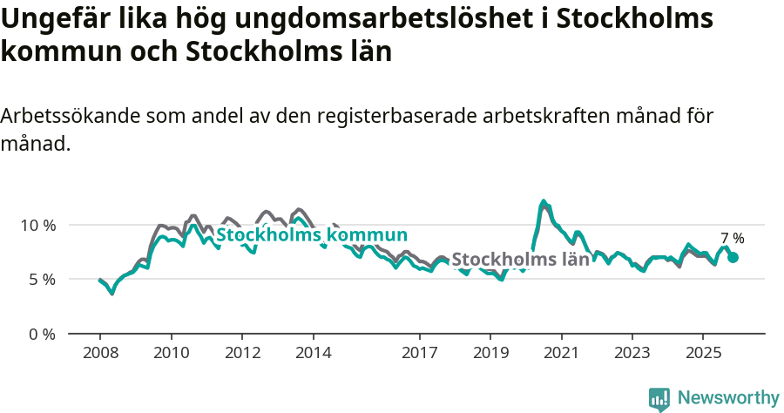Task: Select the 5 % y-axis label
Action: coord(43,280)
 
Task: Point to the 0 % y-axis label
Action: coord(43,334)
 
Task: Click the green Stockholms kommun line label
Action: coord(312,235)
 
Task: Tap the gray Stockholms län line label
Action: coord(521,260)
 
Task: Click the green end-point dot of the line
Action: coord(733,257)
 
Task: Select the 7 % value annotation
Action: coord(733,238)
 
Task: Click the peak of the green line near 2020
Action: coord(544,202)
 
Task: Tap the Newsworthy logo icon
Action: coord(659,398)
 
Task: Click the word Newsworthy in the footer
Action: coord(728,398)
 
